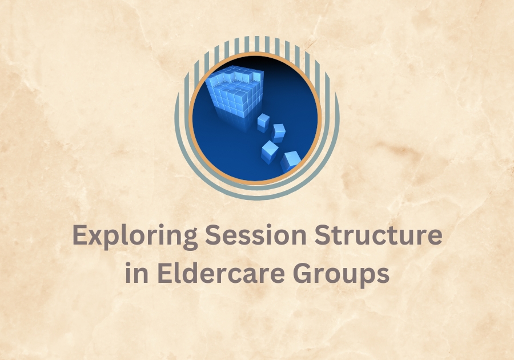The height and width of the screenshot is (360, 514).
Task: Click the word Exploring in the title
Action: [x=135, y=237]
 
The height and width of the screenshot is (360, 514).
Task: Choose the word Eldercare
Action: [x=221, y=273]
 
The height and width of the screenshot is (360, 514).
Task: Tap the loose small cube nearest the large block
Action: [x=263, y=123]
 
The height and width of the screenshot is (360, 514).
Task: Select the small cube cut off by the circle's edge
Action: [x=291, y=161]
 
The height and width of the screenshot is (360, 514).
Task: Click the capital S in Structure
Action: [x=323, y=235]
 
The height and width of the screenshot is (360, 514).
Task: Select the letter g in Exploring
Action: [x=190, y=240]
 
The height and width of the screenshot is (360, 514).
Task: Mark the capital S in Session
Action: [x=213, y=235]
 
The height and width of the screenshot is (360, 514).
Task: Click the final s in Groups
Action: [x=383, y=275]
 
